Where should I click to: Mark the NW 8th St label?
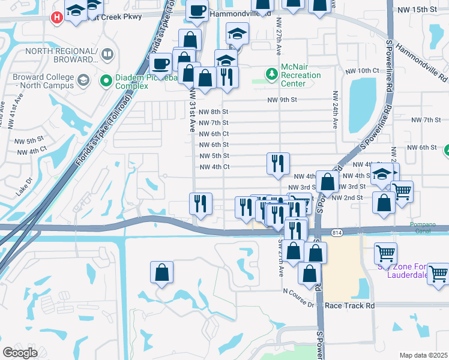pyautogui.click(x=214, y=112)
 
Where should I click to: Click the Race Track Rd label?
pyautogui.click(x=349, y=305)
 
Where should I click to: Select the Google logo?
pyautogui.click(x=20, y=353)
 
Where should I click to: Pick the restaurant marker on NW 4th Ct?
pyautogui.click(x=278, y=164)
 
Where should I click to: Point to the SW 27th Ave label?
pyautogui.click(x=280, y=258)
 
